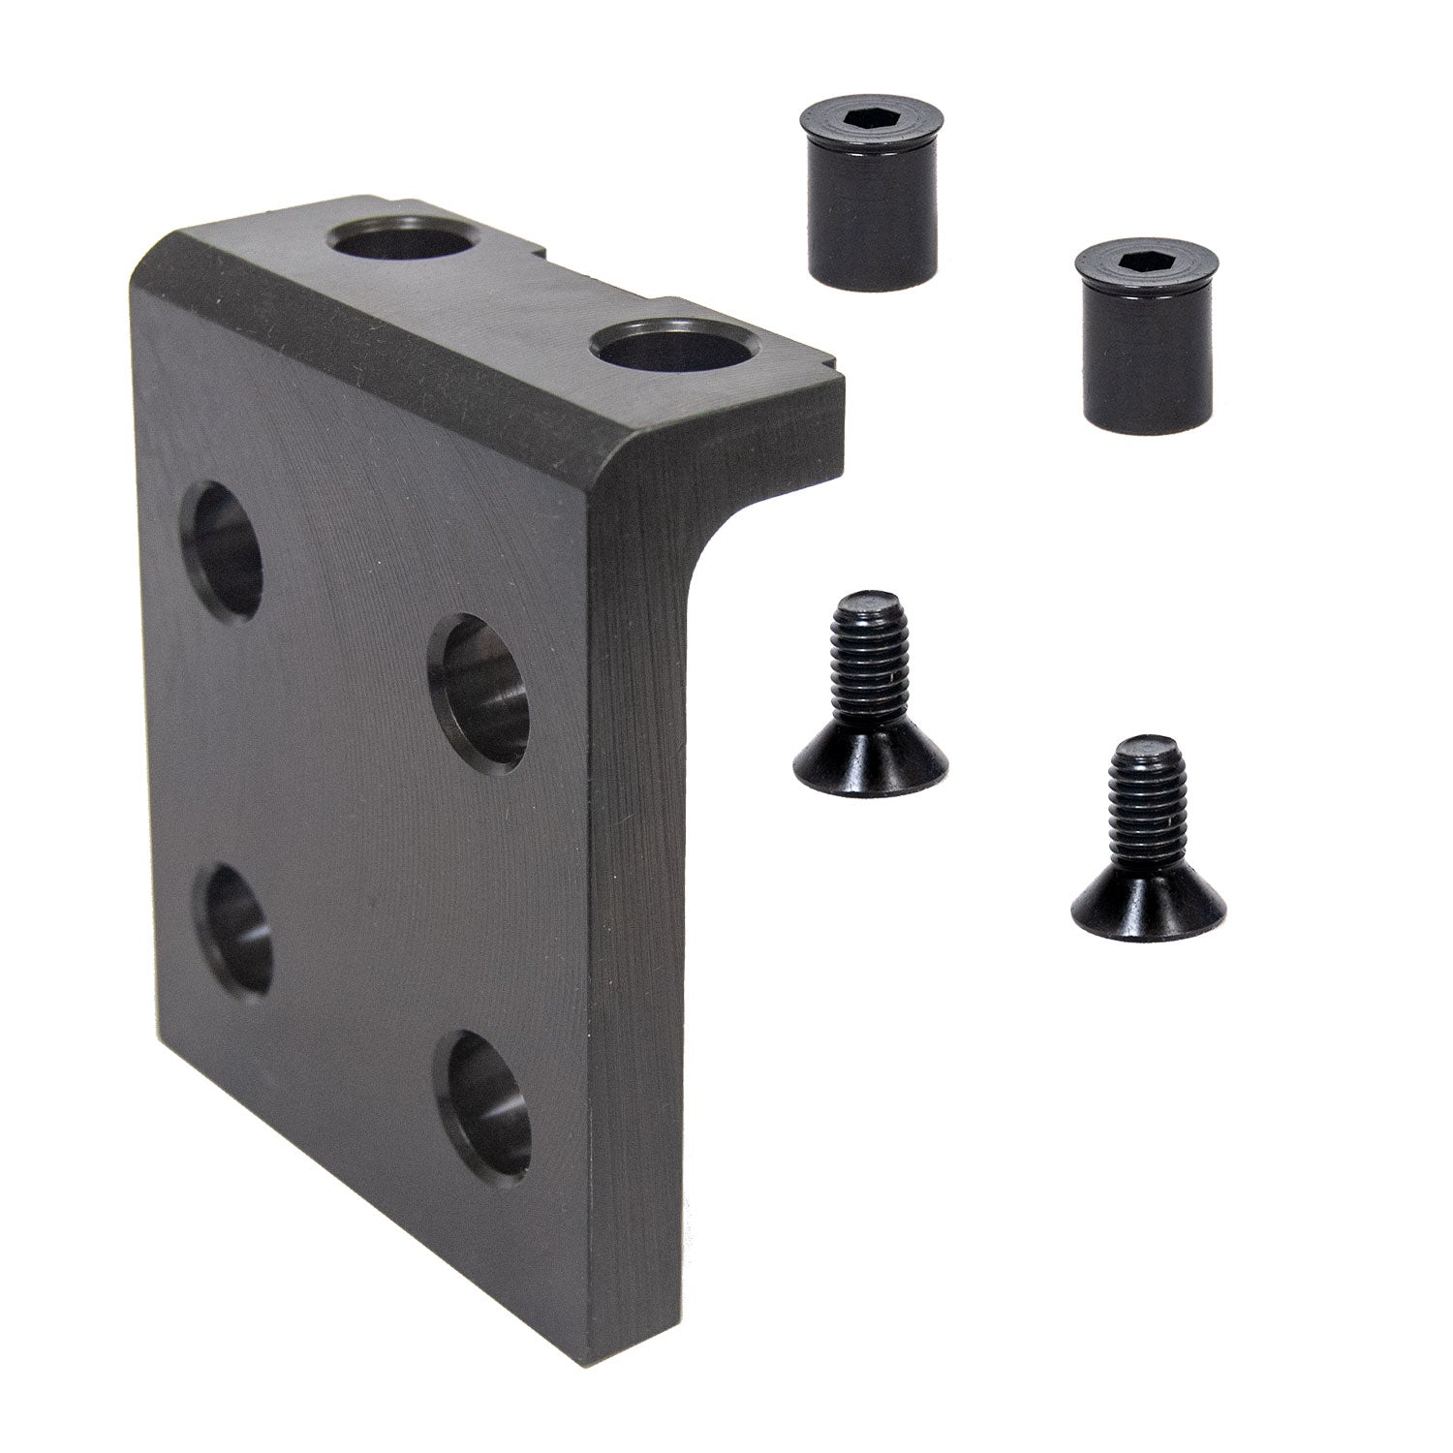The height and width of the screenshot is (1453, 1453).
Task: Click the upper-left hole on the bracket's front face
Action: pos(226,550)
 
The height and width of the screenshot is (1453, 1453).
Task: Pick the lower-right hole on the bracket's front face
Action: pos(482,1102)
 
